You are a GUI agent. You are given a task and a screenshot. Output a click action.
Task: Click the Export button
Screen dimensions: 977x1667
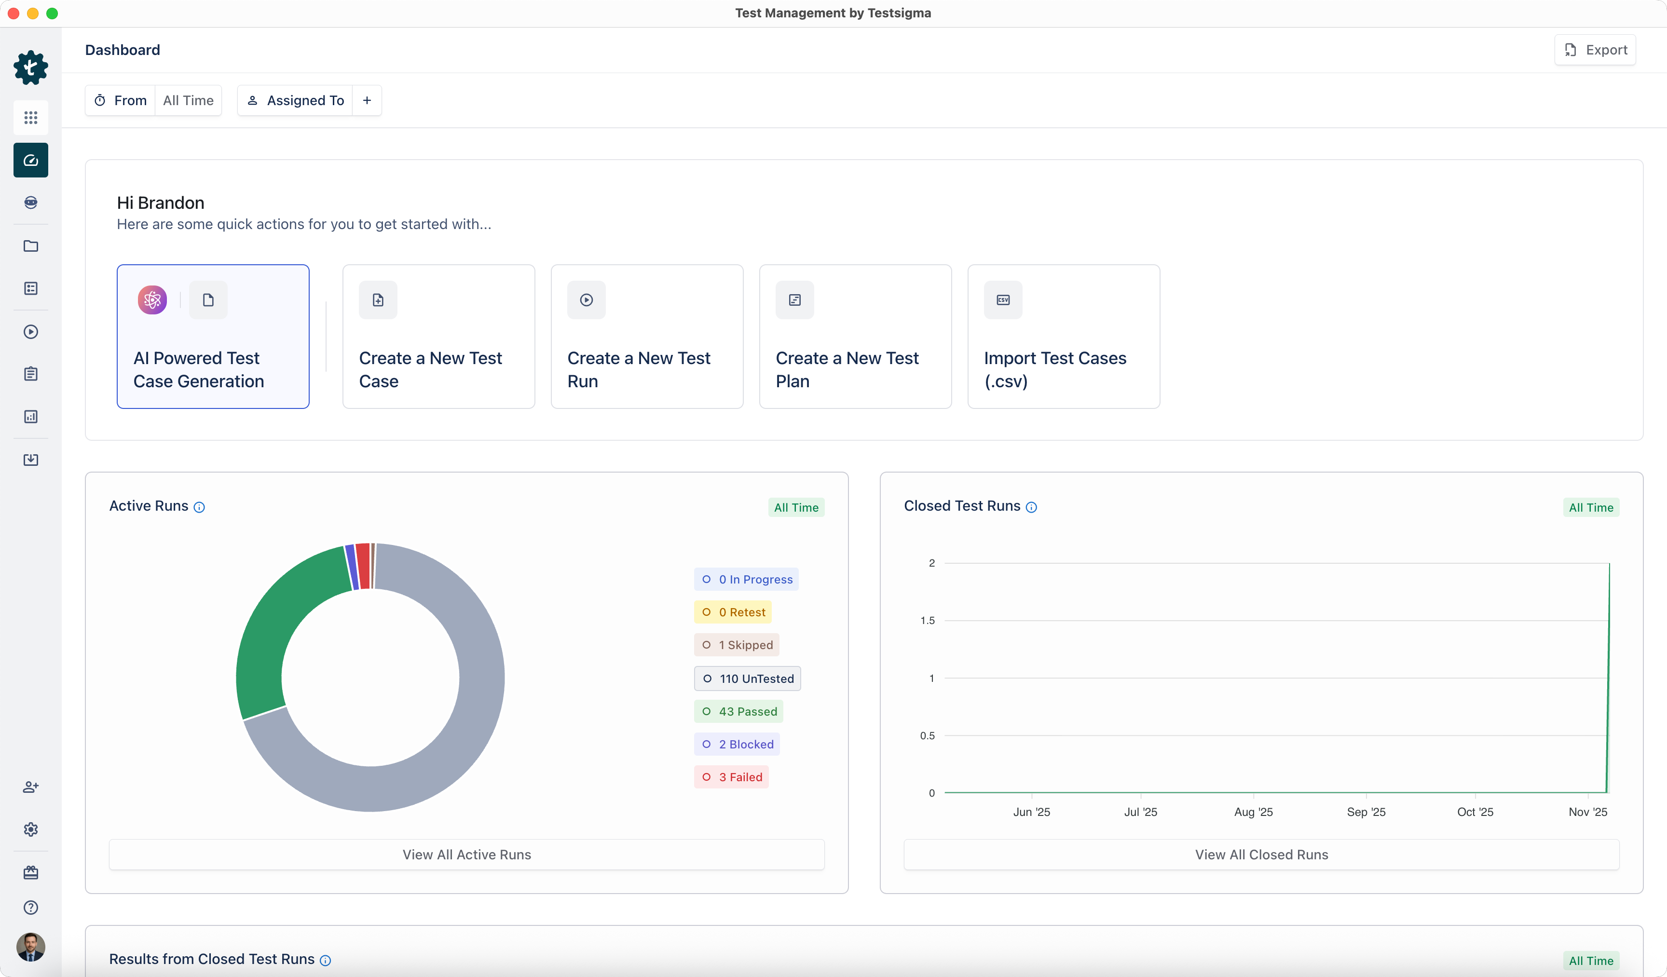(1595, 50)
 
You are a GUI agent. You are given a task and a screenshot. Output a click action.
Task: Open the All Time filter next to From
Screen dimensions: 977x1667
(188, 100)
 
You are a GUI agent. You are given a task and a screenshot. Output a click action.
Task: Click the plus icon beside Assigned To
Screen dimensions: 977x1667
(367, 100)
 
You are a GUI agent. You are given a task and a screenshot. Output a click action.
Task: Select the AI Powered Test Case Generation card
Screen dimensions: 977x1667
(213, 336)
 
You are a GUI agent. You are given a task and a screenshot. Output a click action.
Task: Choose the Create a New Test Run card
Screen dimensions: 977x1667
(646, 336)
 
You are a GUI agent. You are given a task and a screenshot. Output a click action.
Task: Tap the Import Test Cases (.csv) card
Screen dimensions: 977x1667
(1063, 336)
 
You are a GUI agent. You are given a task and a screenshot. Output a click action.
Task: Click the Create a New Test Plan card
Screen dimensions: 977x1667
(855, 336)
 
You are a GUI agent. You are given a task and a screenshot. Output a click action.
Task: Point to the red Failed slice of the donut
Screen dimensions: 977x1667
(363, 566)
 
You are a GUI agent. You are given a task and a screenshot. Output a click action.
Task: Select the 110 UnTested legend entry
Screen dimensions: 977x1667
(748, 678)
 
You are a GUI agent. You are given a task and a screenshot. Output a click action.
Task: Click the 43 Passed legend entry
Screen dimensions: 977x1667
(739, 712)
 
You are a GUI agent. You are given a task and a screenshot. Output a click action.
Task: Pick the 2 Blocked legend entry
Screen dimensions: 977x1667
(737, 744)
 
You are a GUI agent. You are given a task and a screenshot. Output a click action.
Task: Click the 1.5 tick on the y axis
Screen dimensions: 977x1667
(928, 621)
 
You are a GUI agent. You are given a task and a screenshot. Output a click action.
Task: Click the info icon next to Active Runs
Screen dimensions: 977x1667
(199, 507)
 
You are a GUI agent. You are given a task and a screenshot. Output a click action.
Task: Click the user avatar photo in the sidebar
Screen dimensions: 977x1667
(30, 947)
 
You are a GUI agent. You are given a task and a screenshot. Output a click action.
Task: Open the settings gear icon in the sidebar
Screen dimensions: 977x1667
(30, 829)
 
